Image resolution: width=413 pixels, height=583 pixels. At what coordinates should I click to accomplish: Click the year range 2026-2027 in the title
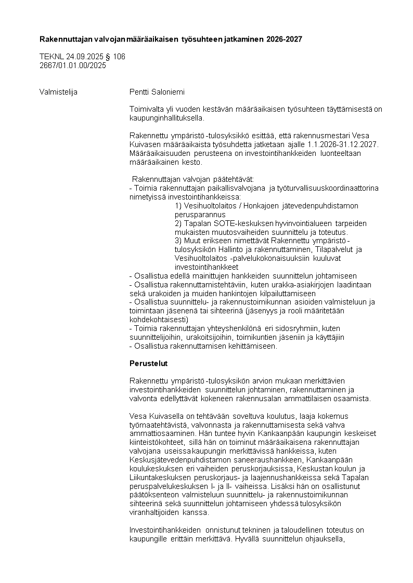[x=284, y=39]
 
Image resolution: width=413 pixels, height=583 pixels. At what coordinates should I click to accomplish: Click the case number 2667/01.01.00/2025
[x=73, y=65]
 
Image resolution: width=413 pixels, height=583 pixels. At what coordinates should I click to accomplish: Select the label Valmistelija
[x=58, y=92]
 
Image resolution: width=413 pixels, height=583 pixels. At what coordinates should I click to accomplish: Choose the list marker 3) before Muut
[x=178, y=241]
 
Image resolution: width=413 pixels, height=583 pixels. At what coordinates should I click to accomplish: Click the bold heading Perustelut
[x=148, y=363]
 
